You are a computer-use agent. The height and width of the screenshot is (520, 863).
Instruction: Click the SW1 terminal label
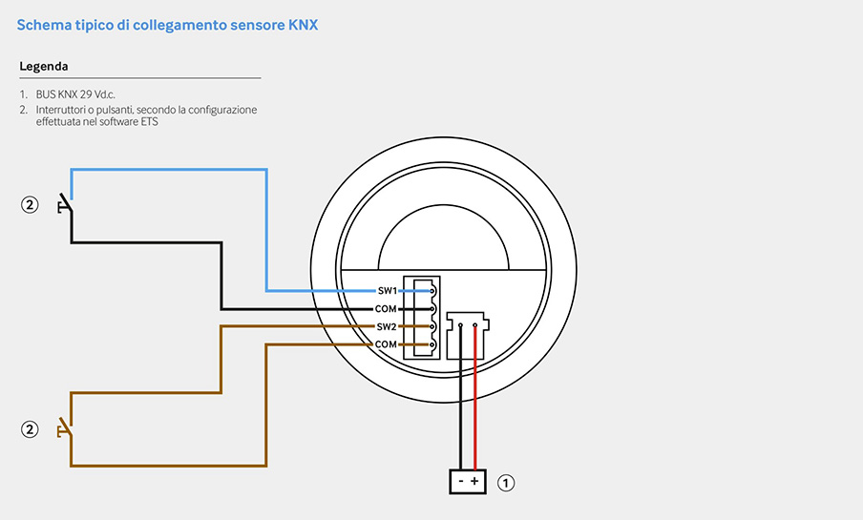pos(388,291)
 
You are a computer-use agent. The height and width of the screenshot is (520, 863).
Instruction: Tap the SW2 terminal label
pos(387,326)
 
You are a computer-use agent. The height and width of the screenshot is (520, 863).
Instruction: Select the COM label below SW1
pos(386,309)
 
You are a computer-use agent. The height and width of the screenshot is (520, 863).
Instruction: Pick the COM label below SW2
pos(386,343)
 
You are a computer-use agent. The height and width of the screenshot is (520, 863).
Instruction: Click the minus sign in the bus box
pos(461,482)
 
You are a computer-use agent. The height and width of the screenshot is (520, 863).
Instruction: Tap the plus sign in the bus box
pos(474,482)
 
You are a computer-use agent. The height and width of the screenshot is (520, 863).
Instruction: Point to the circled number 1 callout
pos(506,483)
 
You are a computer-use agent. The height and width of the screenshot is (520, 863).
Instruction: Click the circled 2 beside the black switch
pos(30,205)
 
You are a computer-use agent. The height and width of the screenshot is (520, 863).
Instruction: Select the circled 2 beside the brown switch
pos(30,428)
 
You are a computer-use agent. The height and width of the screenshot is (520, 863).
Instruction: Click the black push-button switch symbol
pos(66,205)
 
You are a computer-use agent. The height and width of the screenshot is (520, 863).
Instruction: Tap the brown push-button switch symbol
pos(66,428)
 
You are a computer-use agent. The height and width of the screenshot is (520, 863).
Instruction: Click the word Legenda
pos(44,67)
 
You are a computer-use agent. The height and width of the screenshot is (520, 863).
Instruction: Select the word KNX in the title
pos(304,25)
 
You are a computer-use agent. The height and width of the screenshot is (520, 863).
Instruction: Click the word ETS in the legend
pos(149,121)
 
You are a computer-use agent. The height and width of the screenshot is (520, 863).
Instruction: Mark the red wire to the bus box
pos(475,397)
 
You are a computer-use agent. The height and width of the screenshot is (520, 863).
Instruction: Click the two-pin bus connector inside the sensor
pos(467,336)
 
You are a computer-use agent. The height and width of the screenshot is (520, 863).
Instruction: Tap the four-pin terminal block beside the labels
pos(422,318)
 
